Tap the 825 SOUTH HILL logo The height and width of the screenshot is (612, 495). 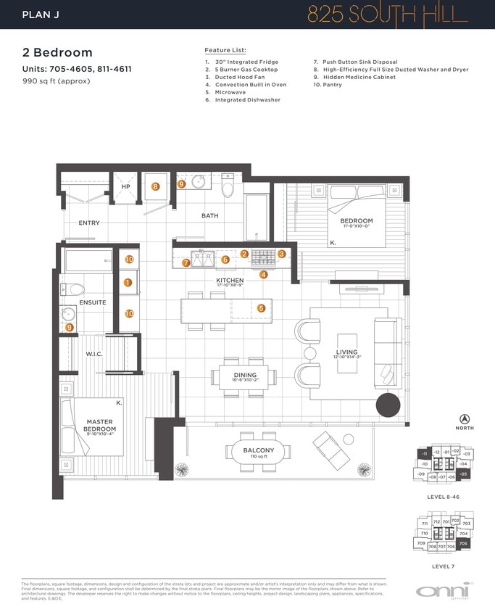point(388,15)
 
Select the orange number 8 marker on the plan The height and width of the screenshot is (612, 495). point(155,186)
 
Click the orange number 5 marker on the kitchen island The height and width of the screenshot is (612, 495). point(261,308)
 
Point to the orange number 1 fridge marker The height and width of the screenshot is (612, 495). point(128,283)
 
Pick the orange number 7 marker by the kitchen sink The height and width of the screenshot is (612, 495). point(186,263)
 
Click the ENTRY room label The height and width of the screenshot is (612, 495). point(89,223)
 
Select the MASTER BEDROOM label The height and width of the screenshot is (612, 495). point(101,425)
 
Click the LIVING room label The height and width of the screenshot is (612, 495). point(346,352)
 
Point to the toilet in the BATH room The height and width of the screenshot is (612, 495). point(228,188)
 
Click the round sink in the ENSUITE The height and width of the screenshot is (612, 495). point(70,314)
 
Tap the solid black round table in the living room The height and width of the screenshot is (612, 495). point(388,405)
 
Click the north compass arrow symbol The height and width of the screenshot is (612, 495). point(464,418)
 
